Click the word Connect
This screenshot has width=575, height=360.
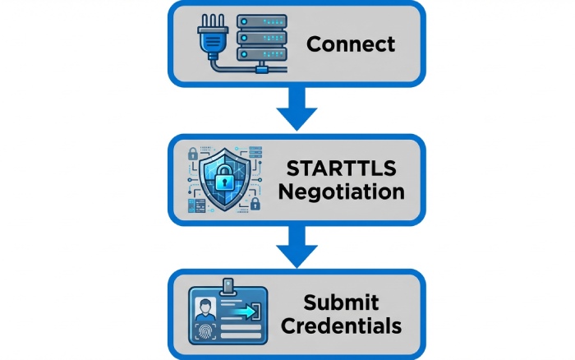coord(351,44)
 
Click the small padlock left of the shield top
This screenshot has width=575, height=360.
coord(193,153)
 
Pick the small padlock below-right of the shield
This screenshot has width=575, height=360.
coord(255,203)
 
